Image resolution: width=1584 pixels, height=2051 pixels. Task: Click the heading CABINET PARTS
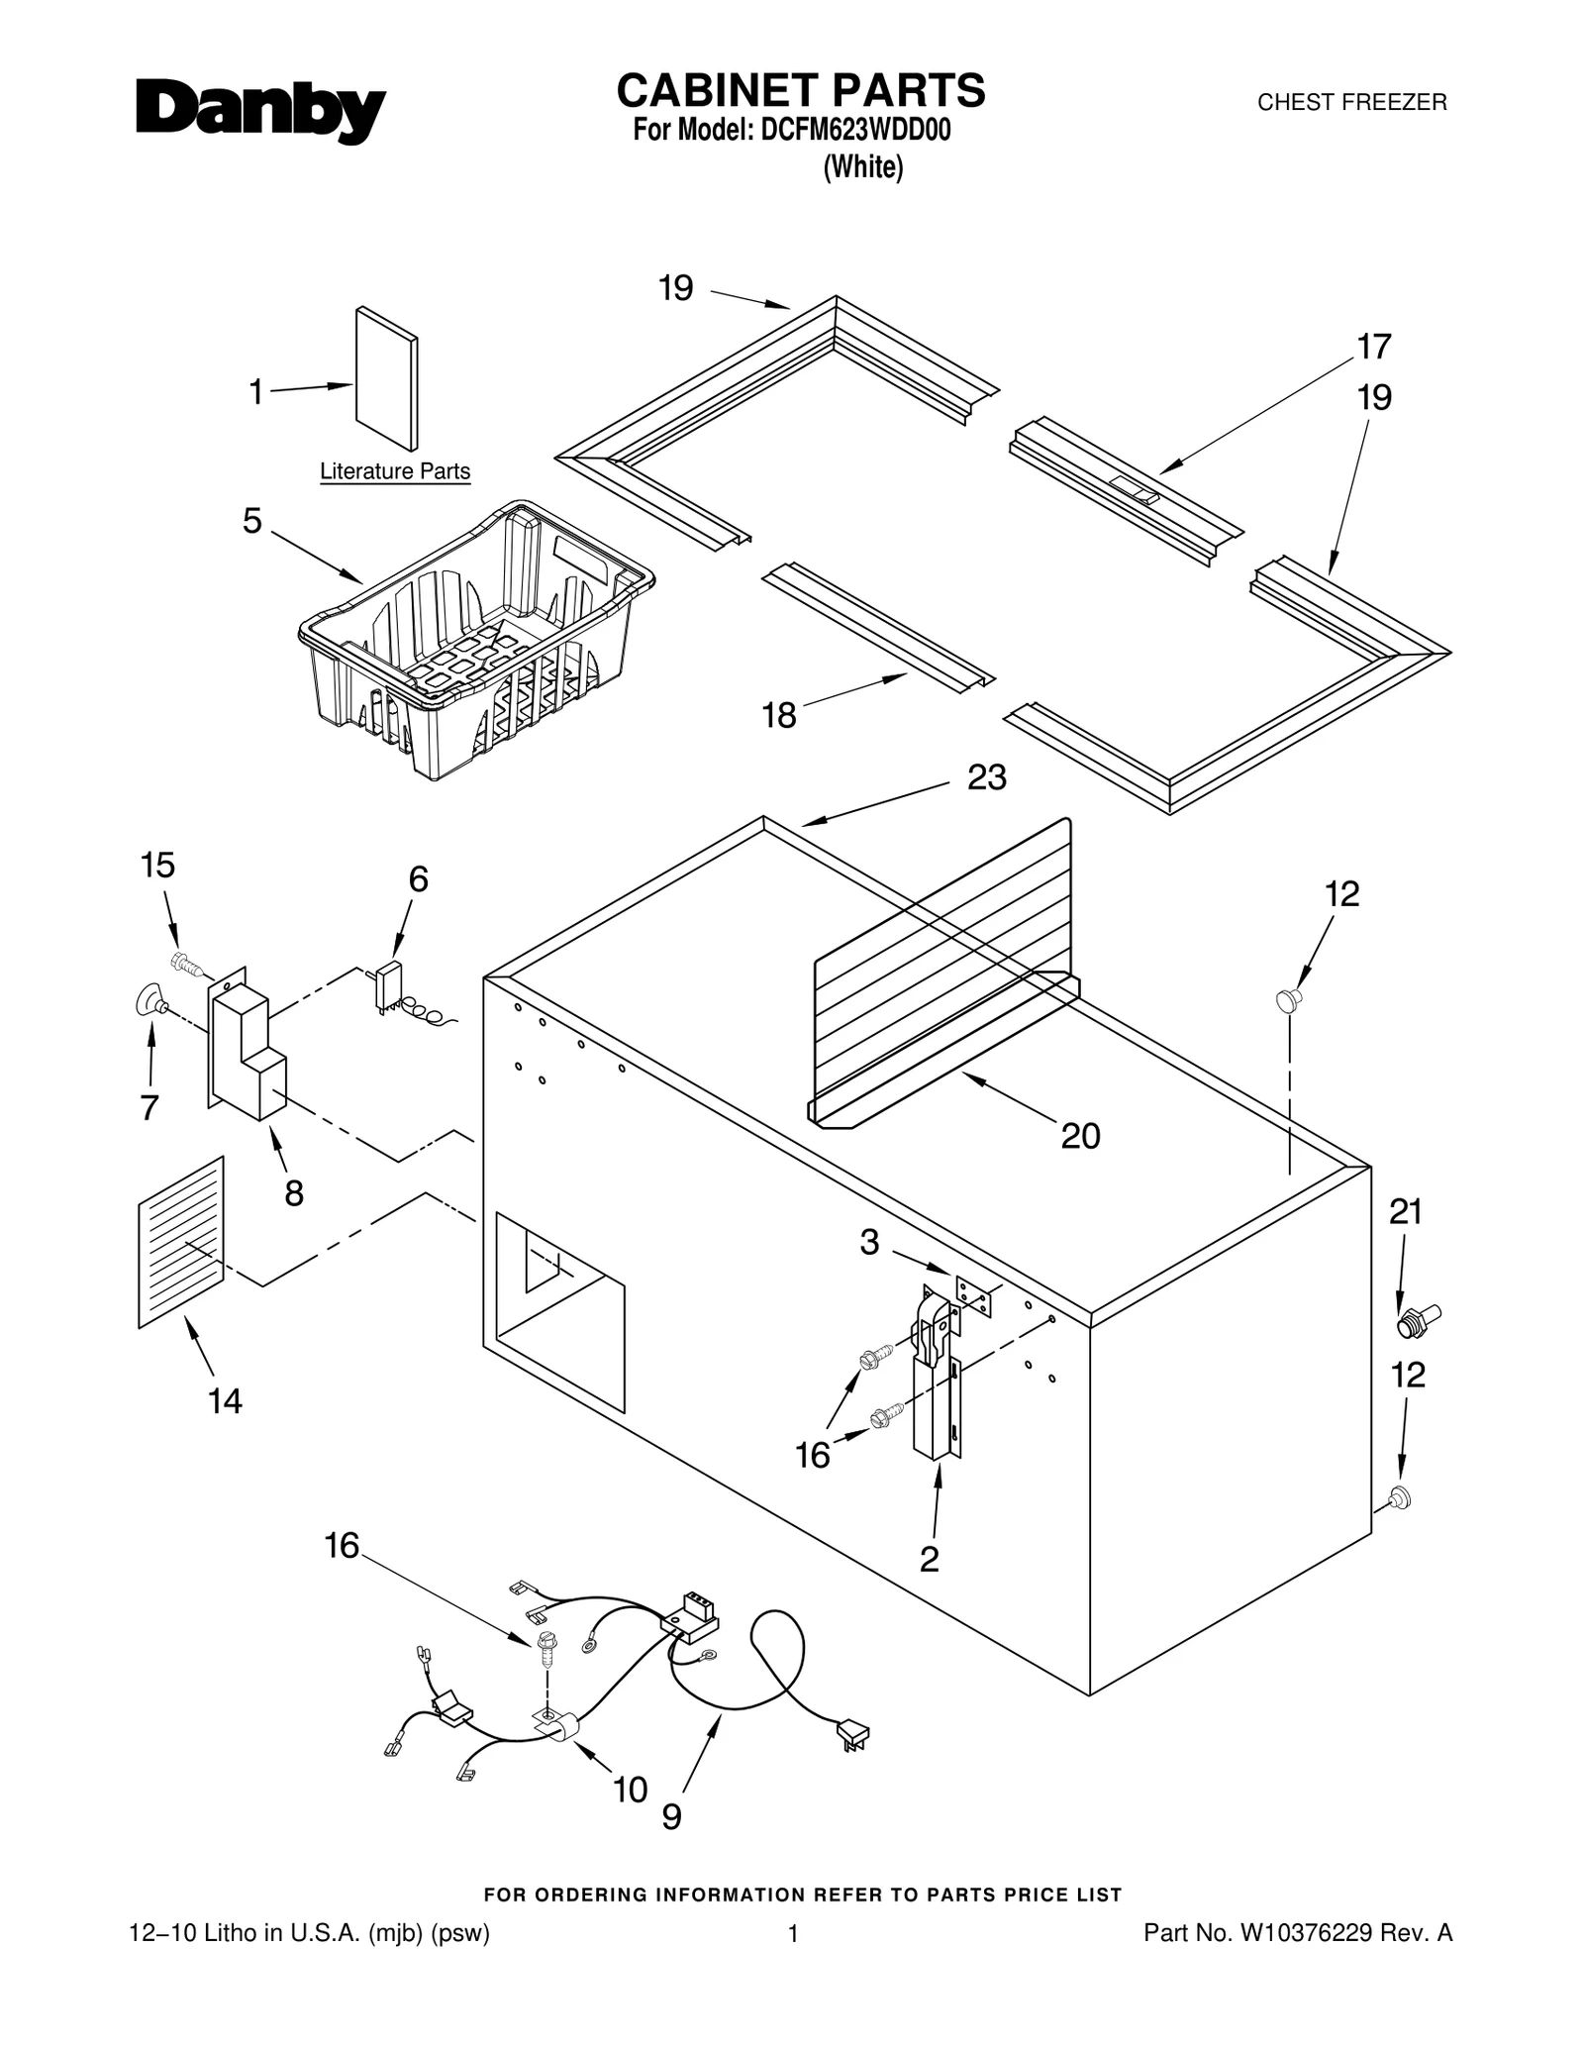(x=800, y=91)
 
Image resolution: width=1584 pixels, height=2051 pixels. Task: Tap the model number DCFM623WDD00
(x=855, y=132)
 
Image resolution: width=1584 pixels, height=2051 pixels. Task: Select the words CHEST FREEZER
(x=1351, y=103)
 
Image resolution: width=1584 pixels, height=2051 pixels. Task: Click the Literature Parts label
(x=394, y=472)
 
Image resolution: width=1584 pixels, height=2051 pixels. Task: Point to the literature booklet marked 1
(x=386, y=378)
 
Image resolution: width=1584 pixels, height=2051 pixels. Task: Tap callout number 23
(x=986, y=778)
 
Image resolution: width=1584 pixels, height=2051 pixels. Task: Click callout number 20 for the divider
(x=1080, y=1136)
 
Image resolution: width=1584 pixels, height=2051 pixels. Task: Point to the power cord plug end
(x=852, y=1734)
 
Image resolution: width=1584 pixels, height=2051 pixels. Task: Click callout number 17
(x=1374, y=348)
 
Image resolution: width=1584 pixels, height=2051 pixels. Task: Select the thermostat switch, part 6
(x=388, y=983)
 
